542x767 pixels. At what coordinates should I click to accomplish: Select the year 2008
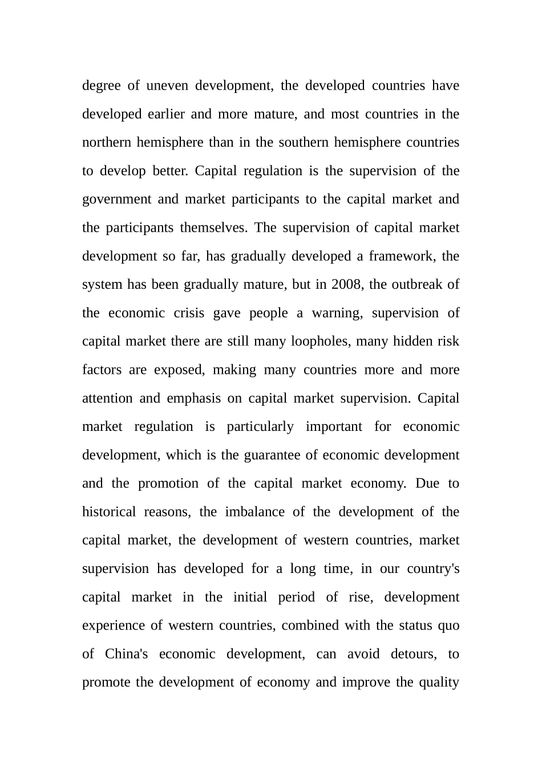point(346,284)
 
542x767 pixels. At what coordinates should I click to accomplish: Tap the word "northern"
point(107,142)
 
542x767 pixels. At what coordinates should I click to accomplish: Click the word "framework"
point(402,256)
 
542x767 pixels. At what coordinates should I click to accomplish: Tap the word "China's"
point(126,654)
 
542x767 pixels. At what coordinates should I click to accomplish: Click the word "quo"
point(448,625)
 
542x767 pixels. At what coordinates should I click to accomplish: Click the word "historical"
point(109,512)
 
